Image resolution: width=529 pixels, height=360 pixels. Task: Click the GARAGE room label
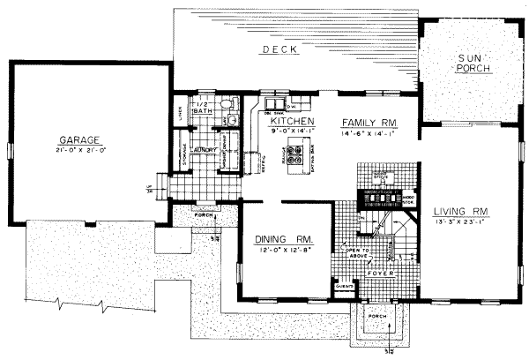[x=78, y=139]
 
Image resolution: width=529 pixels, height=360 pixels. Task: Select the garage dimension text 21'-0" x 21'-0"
[x=78, y=151]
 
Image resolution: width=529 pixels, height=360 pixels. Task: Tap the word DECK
[x=278, y=51]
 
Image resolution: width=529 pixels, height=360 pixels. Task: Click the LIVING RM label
[x=461, y=211]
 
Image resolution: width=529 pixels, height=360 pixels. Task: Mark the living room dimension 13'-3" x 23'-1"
[x=461, y=223]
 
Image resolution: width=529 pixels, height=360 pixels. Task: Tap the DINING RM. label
[x=279, y=238]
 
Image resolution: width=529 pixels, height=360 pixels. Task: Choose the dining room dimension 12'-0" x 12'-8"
[x=279, y=251]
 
